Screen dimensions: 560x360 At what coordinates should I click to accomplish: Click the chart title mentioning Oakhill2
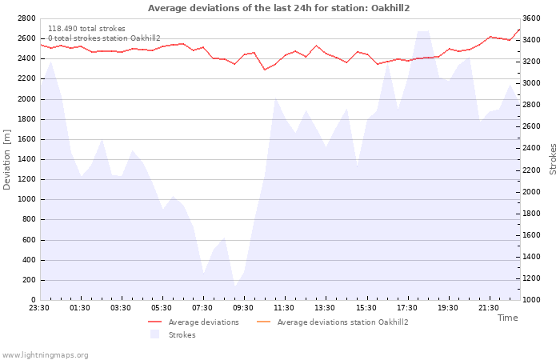tap(278, 8)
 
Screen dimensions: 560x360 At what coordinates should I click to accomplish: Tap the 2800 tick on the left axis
tap(26, 18)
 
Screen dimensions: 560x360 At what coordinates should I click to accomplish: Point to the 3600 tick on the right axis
tap(531, 18)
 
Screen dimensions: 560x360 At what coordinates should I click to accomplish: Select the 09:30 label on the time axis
tap(243, 308)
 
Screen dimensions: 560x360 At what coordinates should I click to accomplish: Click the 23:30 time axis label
tap(39, 308)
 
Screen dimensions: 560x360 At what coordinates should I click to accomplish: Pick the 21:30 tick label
tap(488, 308)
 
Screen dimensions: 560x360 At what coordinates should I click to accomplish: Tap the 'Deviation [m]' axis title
tap(6, 160)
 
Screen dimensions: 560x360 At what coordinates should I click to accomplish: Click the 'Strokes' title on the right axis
tap(553, 159)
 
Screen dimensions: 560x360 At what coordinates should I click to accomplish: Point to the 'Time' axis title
tap(507, 318)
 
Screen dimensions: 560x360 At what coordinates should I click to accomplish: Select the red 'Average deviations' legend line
tap(155, 322)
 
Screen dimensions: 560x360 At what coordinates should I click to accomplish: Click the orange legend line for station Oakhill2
tap(263, 322)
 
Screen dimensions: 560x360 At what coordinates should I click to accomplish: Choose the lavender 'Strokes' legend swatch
tap(154, 334)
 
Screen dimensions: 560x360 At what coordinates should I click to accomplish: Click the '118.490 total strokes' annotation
tap(86, 29)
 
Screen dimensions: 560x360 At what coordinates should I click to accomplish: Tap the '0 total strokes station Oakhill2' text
tap(104, 38)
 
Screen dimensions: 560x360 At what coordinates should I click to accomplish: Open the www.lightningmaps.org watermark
tap(45, 355)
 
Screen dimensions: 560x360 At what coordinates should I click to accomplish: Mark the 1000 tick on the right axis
tap(531, 300)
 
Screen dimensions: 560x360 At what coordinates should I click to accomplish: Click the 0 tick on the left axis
tap(34, 300)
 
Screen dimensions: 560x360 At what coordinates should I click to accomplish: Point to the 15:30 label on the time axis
tap(366, 308)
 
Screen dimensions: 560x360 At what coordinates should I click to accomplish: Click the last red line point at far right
tap(519, 30)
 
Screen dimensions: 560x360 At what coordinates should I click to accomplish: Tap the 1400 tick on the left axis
tap(26, 159)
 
